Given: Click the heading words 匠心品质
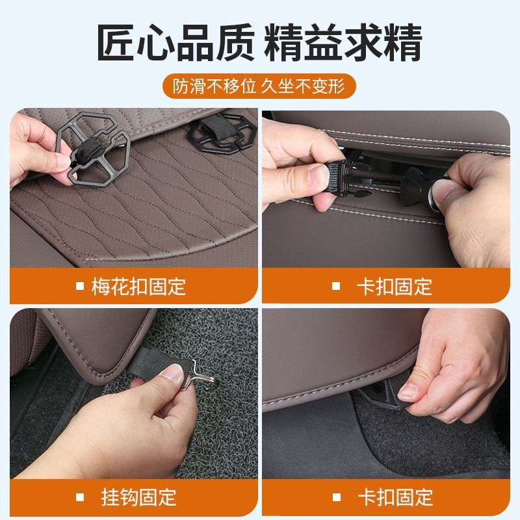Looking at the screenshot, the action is (x=175, y=42).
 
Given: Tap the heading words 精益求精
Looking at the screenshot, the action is (x=343, y=42).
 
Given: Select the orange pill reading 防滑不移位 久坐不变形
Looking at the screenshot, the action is (x=259, y=86).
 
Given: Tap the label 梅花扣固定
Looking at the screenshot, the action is (x=138, y=287).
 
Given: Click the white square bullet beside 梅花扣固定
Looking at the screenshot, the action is (x=79, y=286).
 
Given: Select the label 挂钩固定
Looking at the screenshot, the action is (x=138, y=497).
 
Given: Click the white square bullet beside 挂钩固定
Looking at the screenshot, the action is (x=79, y=497).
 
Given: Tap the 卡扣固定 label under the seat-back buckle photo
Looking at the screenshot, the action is (x=395, y=287).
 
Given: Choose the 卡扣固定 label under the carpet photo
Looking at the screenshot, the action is (x=395, y=497).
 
